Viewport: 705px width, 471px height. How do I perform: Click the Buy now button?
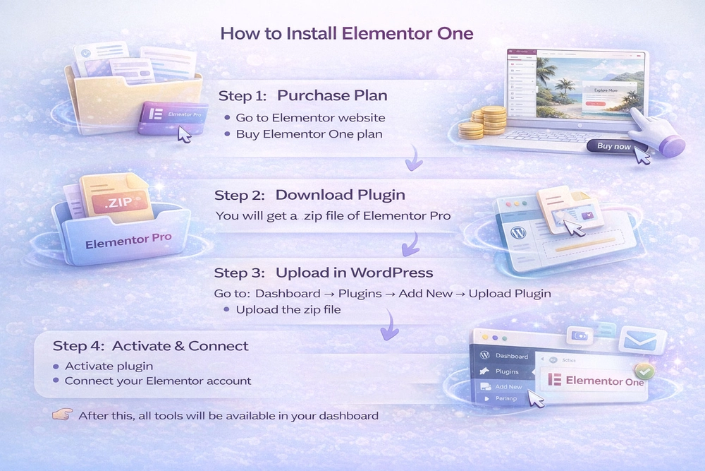613,146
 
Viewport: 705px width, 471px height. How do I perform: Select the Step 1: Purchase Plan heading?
302,95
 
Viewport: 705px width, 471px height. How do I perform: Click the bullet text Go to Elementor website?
310,117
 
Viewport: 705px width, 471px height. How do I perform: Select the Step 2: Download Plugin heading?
309,194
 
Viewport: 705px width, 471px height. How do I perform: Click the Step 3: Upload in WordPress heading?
324,273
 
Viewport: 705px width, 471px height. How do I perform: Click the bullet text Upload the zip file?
288,309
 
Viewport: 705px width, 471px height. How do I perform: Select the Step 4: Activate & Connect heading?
150,346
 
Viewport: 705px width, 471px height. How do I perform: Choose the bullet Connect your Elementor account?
157,381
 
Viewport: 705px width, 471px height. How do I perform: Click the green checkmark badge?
643,369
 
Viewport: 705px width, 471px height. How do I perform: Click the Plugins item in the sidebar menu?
506,371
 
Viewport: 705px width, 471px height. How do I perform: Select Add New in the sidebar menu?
508,386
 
